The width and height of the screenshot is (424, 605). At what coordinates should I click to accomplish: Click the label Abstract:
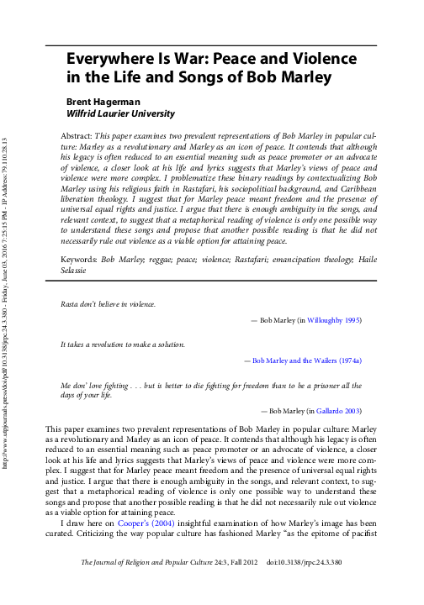pyautogui.click(x=77, y=134)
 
